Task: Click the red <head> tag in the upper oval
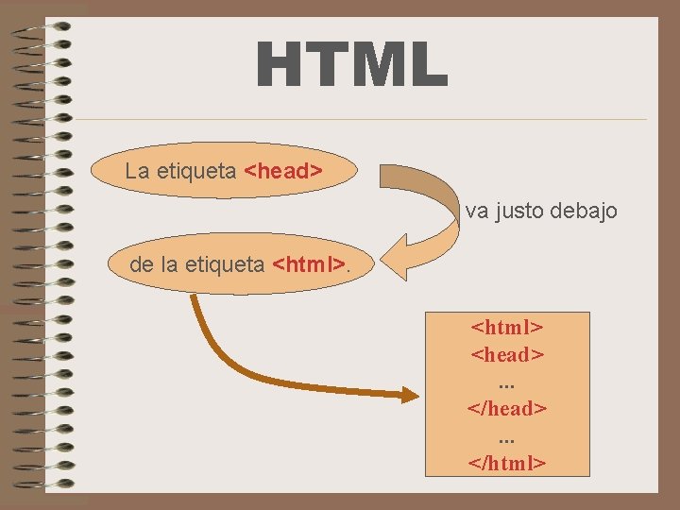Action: point(283,171)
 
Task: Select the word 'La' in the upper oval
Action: point(137,171)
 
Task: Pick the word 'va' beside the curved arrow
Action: point(476,212)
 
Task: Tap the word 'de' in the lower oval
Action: point(142,264)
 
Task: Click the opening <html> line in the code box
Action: point(507,328)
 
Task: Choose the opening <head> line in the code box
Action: point(507,355)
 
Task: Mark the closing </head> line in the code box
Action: point(507,409)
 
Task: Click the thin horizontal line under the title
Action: point(359,120)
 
